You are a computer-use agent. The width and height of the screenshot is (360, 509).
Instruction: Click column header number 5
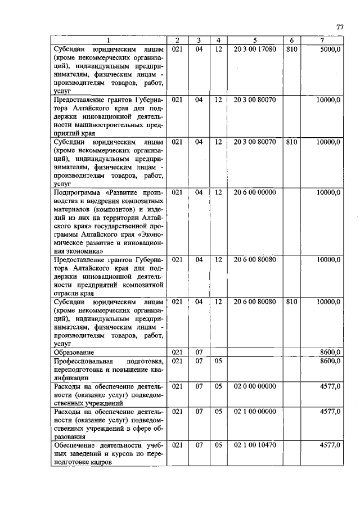[255, 40]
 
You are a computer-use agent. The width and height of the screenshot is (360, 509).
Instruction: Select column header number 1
[109, 40]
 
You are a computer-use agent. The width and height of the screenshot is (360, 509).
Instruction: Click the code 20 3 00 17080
[255, 49]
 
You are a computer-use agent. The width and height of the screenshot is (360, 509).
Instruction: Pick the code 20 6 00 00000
[255, 192]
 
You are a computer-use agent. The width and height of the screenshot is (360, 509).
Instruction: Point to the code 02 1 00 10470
[255, 444]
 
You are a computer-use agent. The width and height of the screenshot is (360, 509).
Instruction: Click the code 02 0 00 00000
[255, 386]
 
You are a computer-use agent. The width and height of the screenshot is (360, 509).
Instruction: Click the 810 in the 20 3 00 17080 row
[291, 49]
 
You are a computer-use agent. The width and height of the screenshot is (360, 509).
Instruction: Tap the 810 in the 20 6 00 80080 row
[291, 301]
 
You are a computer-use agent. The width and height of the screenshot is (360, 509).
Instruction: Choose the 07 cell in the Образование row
[199, 352]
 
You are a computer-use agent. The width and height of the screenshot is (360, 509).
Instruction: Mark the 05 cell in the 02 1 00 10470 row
[218, 444]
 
